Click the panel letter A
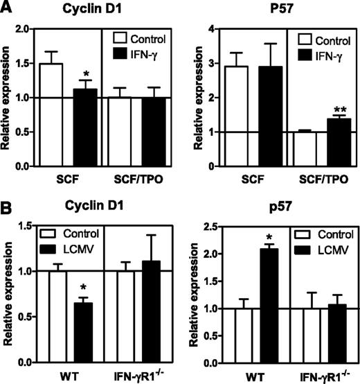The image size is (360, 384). point(8,8)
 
